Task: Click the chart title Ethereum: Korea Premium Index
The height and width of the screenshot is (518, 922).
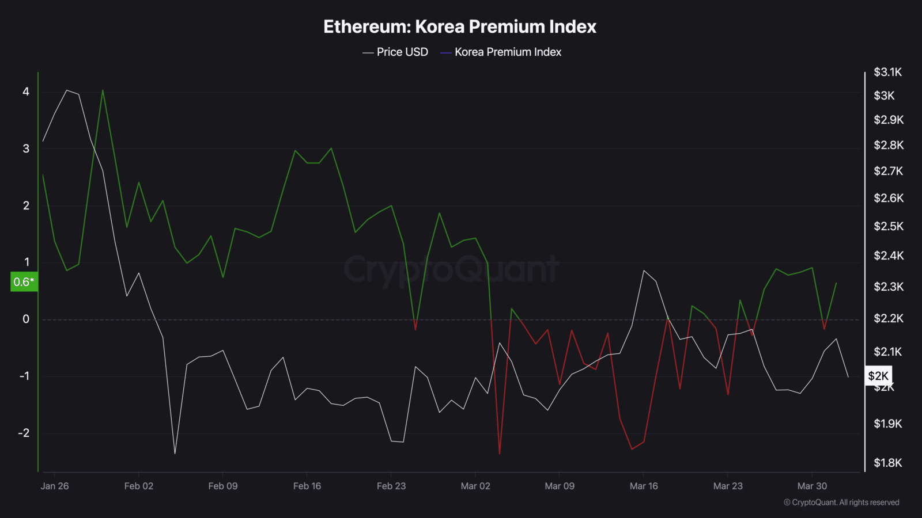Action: coord(460,26)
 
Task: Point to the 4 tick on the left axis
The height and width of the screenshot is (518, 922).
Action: coord(26,92)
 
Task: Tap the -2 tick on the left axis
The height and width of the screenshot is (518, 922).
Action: coord(24,433)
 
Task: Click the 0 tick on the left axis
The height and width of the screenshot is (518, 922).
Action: coord(26,319)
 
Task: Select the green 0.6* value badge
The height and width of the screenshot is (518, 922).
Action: coord(24,282)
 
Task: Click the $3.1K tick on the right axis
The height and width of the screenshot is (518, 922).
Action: coord(887,72)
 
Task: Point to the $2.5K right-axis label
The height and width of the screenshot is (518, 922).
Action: coord(888,226)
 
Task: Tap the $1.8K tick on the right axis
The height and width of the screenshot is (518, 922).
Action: coord(887,463)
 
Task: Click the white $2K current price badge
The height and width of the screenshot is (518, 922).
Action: coord(878,376)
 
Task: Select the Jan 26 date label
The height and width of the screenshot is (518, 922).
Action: coord(55,486)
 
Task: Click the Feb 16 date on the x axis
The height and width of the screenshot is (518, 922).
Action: coord(307,486)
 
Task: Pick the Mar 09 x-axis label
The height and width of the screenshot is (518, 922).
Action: coord(560,486)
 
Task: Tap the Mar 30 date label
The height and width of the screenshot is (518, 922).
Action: coord(812,486)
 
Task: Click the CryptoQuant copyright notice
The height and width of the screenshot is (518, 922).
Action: coord(841,502)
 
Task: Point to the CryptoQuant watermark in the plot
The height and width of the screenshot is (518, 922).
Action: coord(451,269)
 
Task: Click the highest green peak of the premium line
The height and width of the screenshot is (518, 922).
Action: coord(103,90)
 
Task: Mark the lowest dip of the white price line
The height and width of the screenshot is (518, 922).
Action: coord(175,454)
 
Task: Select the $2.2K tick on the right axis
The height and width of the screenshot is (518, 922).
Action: coord(888,318)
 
